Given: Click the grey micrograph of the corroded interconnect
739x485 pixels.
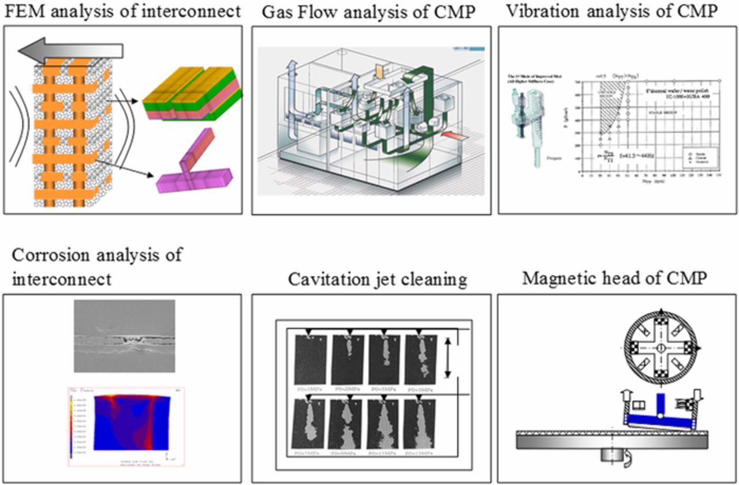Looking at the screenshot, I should pos(124,336).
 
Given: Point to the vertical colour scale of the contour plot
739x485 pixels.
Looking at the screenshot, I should pos(72,424).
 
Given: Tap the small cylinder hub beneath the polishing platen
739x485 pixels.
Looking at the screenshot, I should pos(612,455).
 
